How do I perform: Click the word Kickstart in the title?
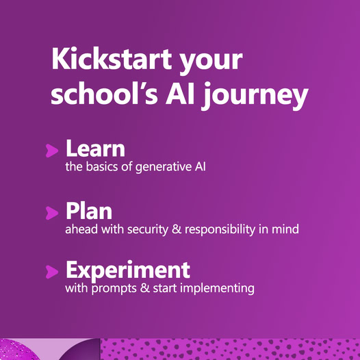(112, 59)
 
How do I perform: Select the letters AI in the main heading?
(180, 94)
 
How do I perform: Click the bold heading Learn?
(96, 148)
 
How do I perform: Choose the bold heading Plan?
(89, 211)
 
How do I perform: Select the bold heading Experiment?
(128, 271)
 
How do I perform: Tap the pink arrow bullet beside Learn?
(52, 151)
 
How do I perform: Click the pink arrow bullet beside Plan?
(52, 213)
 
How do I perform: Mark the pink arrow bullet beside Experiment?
(52, 272)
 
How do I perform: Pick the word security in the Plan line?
(148, 230)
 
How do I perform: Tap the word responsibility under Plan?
(220, 230)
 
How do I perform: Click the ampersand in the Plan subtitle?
(177, 229)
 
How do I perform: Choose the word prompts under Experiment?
(114, 289)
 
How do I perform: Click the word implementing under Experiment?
(217, 289)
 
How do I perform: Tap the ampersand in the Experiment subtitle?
(145, 288)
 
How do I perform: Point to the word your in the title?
(211, 62)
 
